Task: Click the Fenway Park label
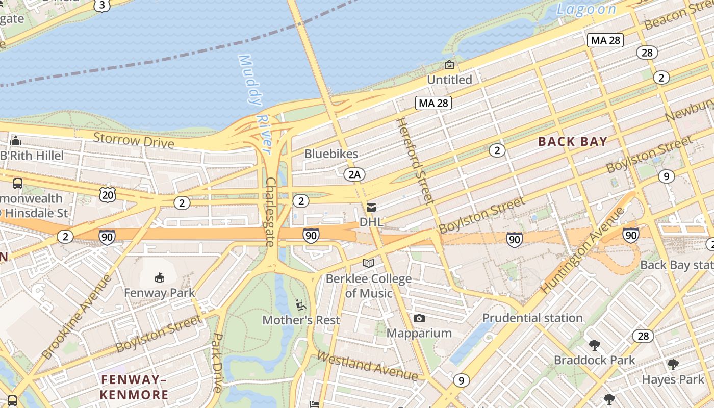[160, 293]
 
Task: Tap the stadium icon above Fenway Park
[160, 277]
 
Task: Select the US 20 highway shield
[108, 194]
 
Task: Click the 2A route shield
[354, 174]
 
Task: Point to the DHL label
[371, 222]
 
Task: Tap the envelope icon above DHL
[371, 208]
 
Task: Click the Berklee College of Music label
[369, 286]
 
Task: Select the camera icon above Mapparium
[419, 319]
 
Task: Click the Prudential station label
[532, 318]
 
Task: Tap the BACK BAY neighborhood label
[573, 142]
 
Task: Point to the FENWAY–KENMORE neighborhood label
[134, 387]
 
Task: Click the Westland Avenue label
[367, 366]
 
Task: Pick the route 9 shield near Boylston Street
[666, 176]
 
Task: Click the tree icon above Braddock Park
[594, 345]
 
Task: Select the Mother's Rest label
[301, 320]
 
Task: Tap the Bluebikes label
[331, 154]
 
